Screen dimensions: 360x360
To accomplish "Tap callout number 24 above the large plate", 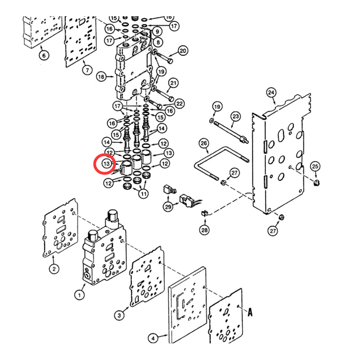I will point(271,93).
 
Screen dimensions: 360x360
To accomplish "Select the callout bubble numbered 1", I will point(79,295).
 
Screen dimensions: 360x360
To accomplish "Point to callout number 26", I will point(203,144).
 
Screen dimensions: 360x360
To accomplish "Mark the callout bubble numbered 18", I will point(101,77).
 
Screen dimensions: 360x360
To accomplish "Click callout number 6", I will point(44,56).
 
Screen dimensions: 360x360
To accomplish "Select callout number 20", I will point(183,51).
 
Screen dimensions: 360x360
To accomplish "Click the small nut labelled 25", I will point(316,182).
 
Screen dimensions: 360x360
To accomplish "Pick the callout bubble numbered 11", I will point(143,194).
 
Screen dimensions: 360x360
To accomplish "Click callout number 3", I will point(119,315).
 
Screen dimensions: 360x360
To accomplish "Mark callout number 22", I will point(180,104).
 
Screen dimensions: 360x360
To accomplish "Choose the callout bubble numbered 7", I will point(87,70).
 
